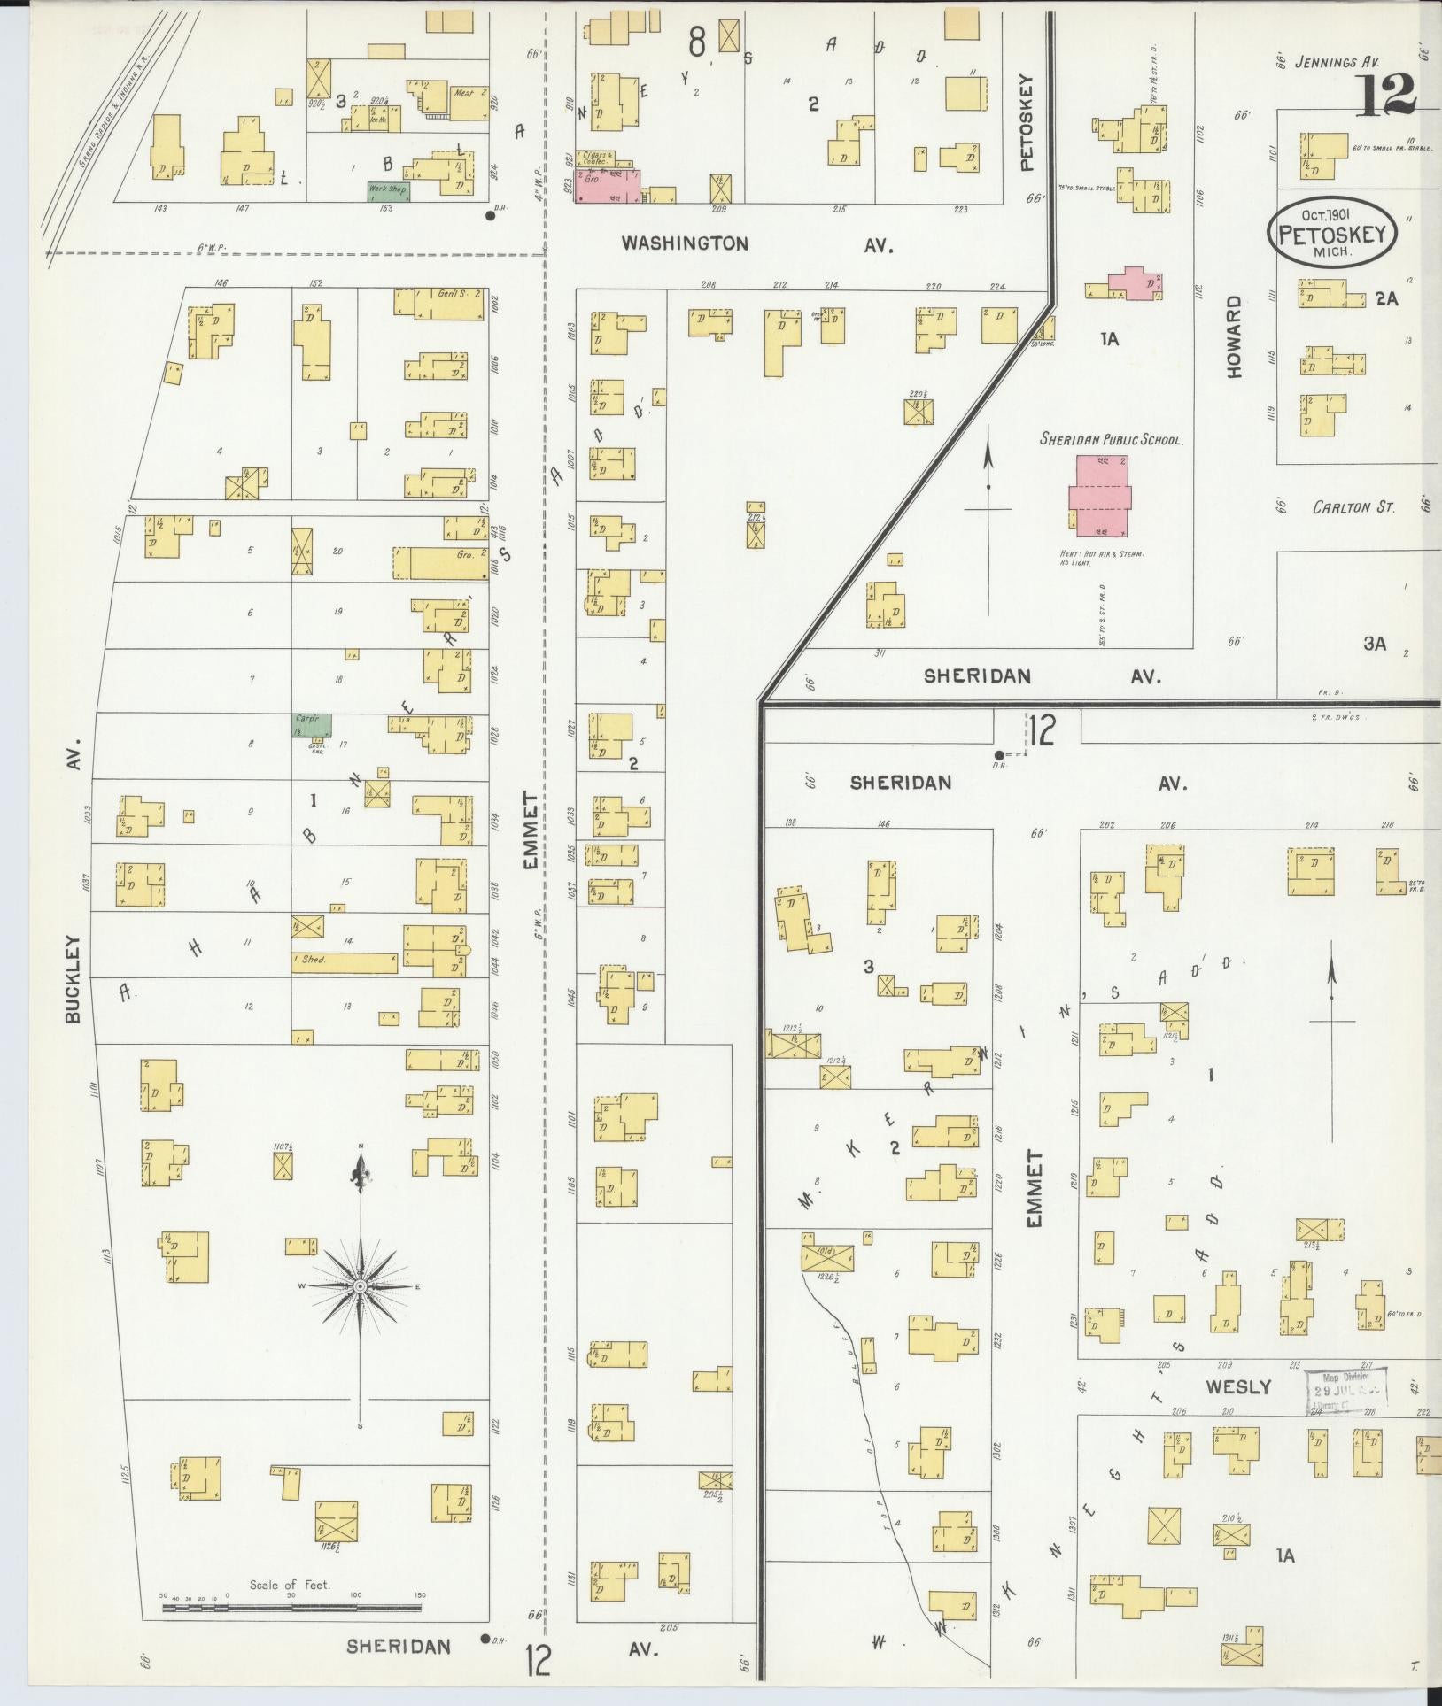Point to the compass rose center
point(360,1285)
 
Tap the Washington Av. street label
point(684,243)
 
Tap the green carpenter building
point(312,725)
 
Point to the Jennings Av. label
point(1337,62)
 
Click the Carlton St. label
point(1353,507)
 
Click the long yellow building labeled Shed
point(344,961)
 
